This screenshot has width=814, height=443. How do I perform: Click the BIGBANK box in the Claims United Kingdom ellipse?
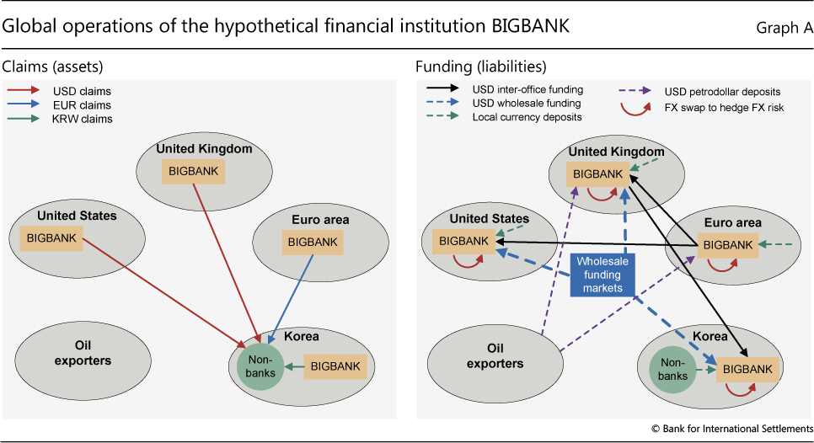pos(191,171)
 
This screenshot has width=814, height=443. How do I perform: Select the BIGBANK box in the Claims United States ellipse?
pos(52,238)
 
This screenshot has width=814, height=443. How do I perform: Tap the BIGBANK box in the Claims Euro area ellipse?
pos(313,242)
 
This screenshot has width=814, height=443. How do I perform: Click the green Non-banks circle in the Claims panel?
pos(255,364)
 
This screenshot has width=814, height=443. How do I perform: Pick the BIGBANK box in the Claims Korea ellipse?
pos(335,366)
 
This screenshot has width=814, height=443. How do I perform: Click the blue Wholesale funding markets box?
pos(599,275)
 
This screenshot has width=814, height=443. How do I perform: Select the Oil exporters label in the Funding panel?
pos(495,356)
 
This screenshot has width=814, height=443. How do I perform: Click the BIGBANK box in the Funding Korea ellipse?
pos(747,369)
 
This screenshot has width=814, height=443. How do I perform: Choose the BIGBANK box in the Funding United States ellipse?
pos(463,241)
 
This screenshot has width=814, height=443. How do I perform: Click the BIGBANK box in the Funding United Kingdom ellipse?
pos(597,173)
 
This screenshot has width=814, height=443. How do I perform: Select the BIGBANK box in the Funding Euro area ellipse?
pos(727,244)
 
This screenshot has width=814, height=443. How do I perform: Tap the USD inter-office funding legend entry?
pos(527,88)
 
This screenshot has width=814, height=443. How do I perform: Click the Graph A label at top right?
pos(785,28)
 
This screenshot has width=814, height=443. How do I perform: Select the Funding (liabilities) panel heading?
pos(481,66)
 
